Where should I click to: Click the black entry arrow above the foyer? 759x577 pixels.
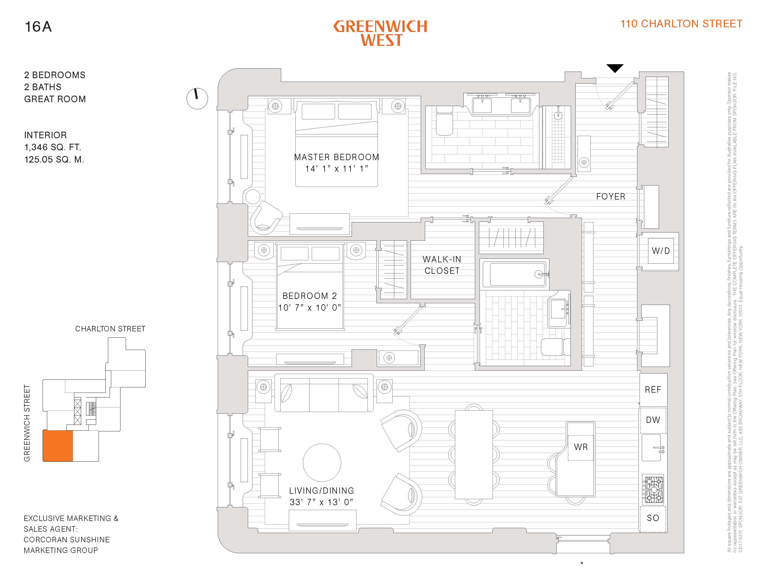(614, 68)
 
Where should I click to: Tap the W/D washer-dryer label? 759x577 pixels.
(660, 251)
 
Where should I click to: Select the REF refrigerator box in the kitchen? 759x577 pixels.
(653, 390)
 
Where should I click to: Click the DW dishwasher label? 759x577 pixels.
(653, 420)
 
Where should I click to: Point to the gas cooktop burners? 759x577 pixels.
(653, 489)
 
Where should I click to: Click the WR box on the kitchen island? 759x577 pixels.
(580, 447)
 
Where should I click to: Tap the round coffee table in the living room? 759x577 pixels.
(322, 462)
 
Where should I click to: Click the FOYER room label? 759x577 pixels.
(611, 196)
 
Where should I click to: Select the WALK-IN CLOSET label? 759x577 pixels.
(442, 265)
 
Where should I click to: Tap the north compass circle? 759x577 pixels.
(197, 99)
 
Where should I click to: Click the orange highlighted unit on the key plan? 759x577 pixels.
(58, 446)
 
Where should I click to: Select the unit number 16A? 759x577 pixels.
(38, 27)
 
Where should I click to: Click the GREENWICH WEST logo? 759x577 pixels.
(381, 33)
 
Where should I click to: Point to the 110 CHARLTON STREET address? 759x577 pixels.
(681, 24)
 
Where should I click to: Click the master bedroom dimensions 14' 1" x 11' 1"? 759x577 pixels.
(337, 169)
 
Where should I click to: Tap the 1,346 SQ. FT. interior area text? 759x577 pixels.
(52, 147)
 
